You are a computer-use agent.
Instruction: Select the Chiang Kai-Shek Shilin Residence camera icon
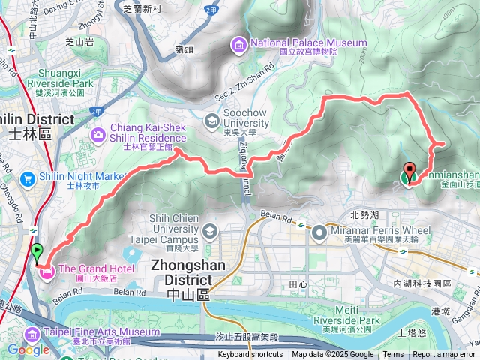98,133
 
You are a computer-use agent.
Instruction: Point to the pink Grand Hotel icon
44,269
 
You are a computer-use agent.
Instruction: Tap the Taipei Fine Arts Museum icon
32,334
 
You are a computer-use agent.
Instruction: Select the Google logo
28,349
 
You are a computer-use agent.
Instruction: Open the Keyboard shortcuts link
250,355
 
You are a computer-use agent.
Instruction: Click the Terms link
393,355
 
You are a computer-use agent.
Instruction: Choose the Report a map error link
444,355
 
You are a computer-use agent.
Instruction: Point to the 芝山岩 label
80,43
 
